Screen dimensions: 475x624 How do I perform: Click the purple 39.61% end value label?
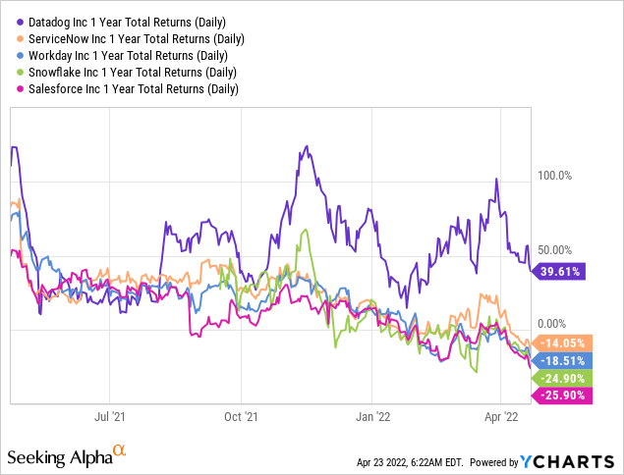558,272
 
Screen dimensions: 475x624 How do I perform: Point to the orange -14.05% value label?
560,343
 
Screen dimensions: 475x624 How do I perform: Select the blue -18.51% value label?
560,360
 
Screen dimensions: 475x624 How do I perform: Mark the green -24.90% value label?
560,378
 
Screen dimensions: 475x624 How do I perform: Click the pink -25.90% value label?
560,395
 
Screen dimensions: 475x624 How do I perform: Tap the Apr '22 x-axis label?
502,417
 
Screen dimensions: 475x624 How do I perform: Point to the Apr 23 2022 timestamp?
407,461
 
